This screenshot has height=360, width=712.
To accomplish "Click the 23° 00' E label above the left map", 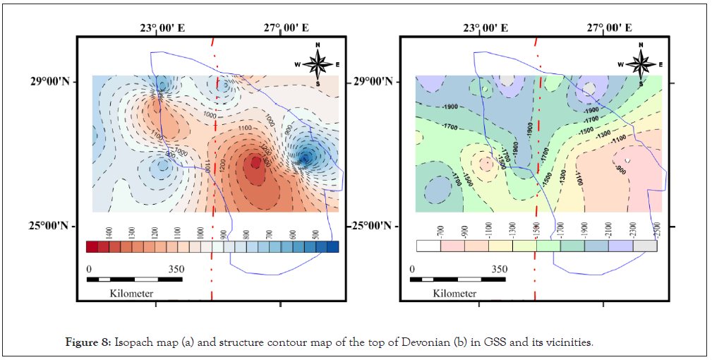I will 162,28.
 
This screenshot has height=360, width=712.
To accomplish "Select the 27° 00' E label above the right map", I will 608,28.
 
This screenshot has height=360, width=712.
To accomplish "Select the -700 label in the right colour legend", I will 440,231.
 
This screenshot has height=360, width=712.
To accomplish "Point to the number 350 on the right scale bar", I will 498,269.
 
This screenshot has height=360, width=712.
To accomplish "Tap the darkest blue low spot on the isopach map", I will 306,157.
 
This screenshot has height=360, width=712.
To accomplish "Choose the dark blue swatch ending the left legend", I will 333,246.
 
